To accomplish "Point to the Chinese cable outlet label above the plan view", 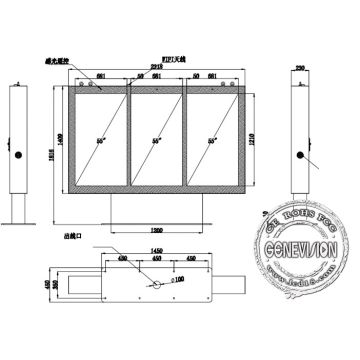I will [70, 236].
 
